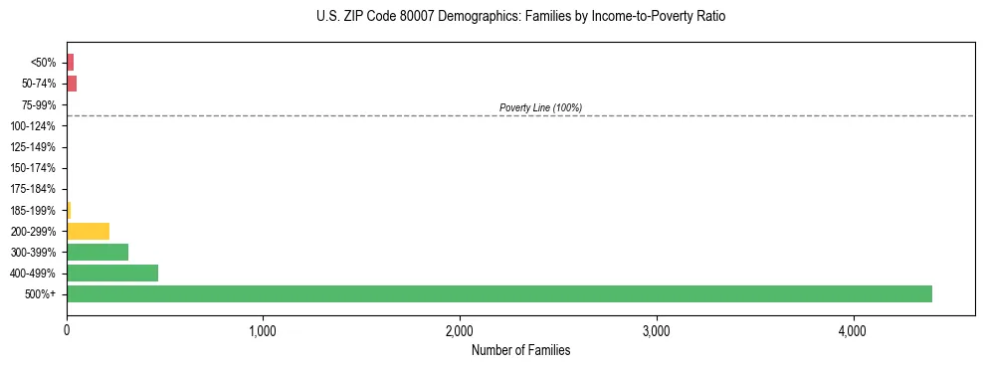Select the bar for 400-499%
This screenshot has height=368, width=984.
coord(112,273)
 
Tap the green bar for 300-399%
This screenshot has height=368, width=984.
coord(98,252)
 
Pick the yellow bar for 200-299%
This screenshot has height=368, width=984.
coord(88,231)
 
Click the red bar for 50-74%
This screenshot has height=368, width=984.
coord(72,84)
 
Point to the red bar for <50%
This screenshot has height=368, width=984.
coord(70,63)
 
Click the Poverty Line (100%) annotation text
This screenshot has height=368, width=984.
coord(540,107)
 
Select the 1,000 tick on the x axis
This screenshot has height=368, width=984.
coord(263,331)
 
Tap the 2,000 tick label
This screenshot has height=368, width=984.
coord(460,331)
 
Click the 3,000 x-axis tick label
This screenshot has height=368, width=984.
coord(657,331)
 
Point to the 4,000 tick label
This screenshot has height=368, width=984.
coord(853,331)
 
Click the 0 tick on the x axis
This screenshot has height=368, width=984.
coord(67,331)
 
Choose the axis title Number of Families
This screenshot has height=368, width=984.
coord(520,350)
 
